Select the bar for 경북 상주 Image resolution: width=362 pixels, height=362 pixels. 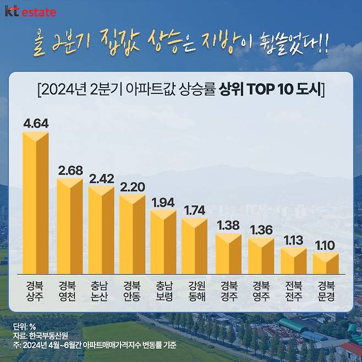(x=36, y=204)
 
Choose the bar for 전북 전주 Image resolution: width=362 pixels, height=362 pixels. (x=294, y=261)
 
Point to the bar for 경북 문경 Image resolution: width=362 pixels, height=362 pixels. (x=326, y=264)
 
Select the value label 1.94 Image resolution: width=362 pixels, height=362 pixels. (x=163, y=201)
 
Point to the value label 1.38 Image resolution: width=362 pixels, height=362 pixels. (x=228, y=224)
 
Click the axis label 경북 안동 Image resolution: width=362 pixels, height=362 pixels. (x=132, y=291)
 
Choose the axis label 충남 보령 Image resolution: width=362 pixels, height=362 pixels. (x=164, y=291)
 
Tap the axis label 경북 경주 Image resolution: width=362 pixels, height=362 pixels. (x=229, y=291)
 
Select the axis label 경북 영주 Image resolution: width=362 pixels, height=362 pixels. (x=261, y=291)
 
